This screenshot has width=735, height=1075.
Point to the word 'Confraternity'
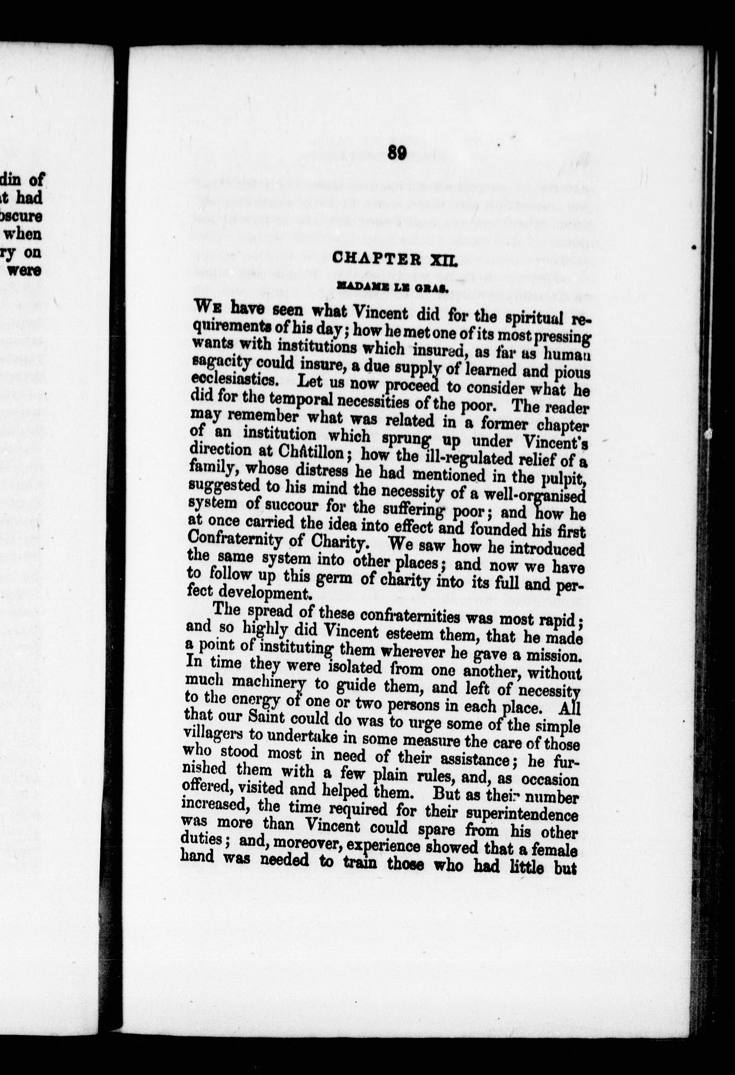coord(233,538)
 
